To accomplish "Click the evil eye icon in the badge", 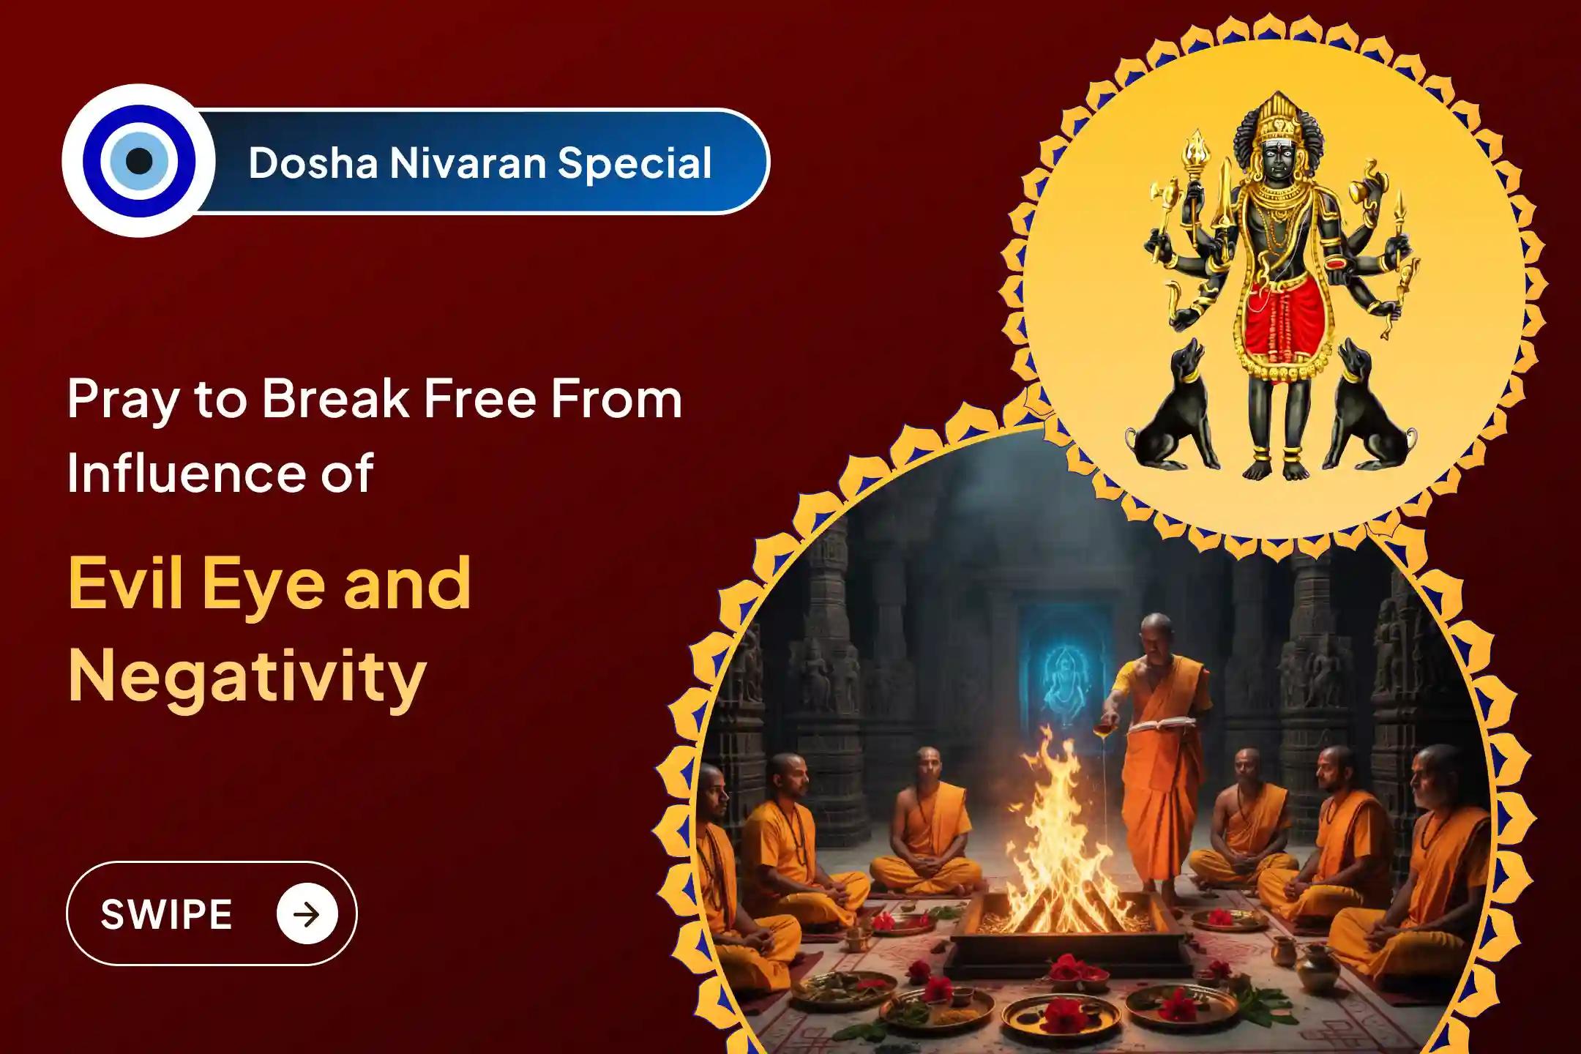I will pos(139,161).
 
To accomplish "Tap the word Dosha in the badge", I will pos(313,162).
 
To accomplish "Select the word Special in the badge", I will pos(635,164).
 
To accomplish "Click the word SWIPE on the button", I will pos(166,914).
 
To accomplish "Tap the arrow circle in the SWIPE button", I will pos(307,913).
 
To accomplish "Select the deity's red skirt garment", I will pos(1285,322).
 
